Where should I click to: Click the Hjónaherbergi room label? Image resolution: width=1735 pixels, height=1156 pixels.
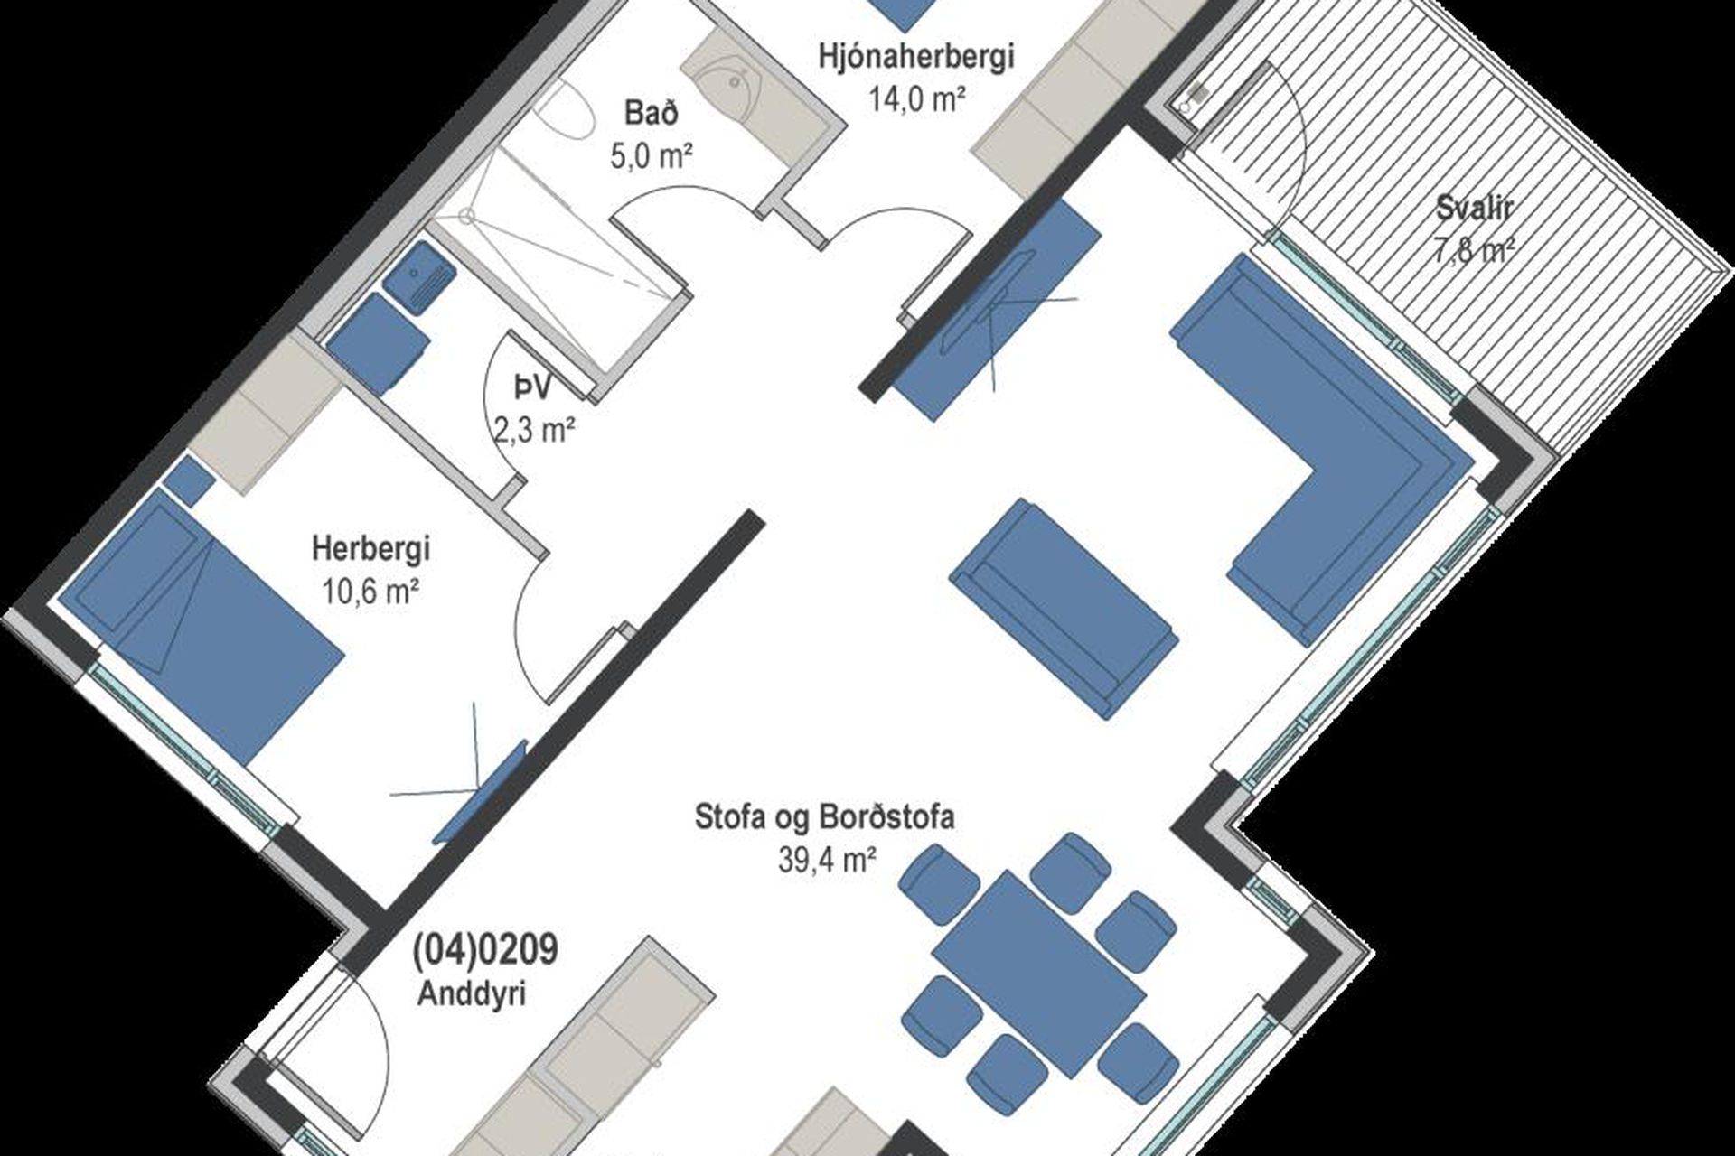[x=915, y=56]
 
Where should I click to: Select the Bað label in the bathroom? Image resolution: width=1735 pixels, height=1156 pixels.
[x=651, y=114]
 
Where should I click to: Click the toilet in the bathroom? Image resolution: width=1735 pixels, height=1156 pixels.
[x=565, y=108]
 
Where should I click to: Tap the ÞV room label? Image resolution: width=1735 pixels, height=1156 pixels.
[x=532, y=388]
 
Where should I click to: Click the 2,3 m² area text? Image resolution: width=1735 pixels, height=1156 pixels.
[x=535, y=430]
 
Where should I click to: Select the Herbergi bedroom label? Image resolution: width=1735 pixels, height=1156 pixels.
[x=370, y=547]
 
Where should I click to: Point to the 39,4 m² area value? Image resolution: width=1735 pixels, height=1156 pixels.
[x=827, y=860]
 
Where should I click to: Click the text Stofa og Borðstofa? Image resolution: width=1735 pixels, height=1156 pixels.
[x=824, y=817]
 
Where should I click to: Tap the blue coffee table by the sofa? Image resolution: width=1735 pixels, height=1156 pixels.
[x=1064, y=607]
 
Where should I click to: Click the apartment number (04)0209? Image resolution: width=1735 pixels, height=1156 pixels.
[x=484, y=950]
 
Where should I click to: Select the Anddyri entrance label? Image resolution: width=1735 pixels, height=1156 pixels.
[x=472, y=994]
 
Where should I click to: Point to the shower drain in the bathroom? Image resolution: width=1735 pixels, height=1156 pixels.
[x=466, y=215]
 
